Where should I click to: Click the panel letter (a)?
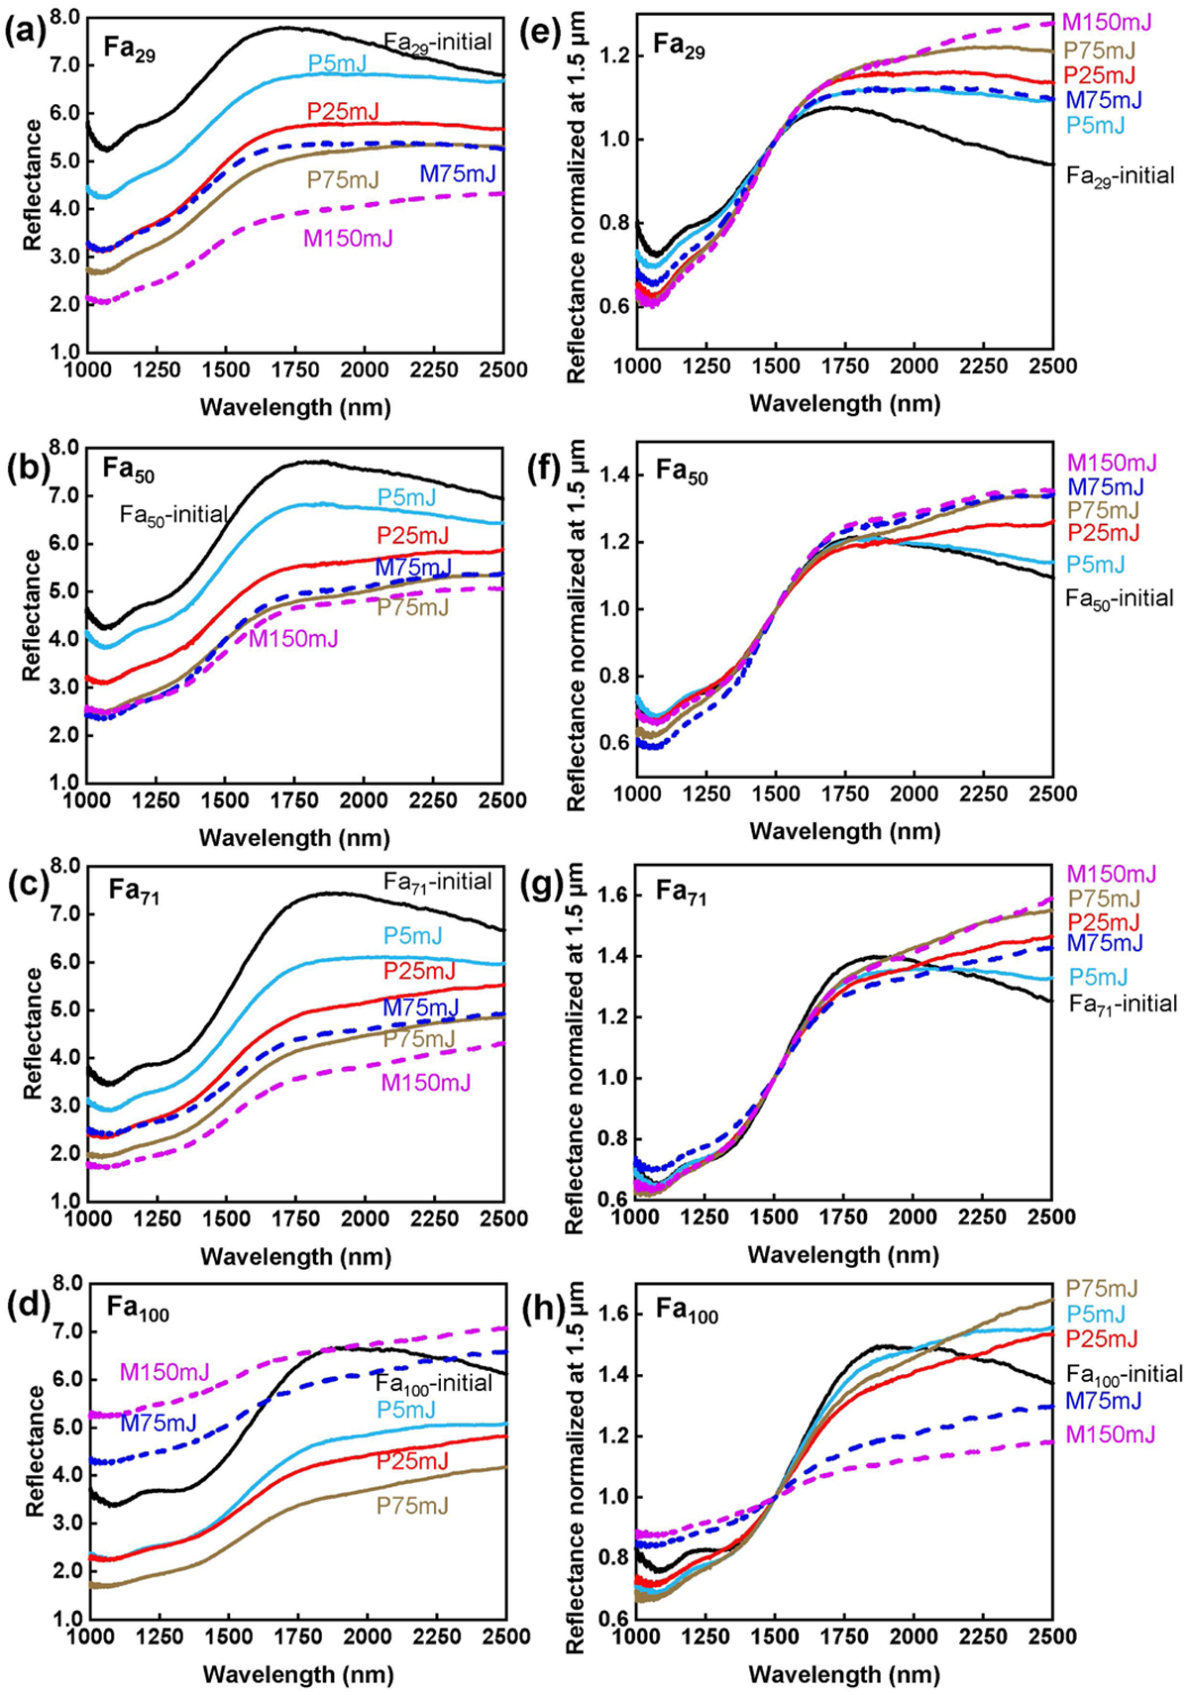(22, 36)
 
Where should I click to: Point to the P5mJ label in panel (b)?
(405, 497)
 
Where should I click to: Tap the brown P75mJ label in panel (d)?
(412, 1506)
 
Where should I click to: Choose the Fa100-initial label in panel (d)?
(433, 1382)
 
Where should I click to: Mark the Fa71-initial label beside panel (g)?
(1124, 1005)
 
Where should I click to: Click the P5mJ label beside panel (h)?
(1096, 1315)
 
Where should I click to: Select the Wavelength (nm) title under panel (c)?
(295, 1257)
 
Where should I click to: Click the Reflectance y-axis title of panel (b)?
(33, 614)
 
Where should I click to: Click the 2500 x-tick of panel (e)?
(1052, 366)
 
